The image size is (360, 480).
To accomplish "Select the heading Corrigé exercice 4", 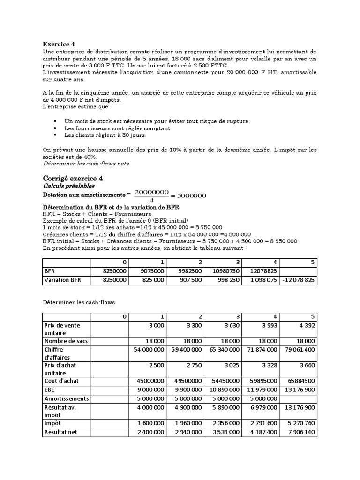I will (73, 178).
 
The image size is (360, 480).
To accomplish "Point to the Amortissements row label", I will (66, 398).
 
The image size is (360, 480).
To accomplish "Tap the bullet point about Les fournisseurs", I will (117, 128).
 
